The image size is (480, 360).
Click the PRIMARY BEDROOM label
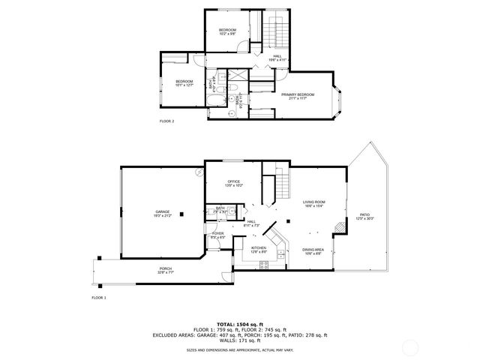[x=298, y=95]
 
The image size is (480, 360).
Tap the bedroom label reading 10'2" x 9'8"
[x=227, y=31]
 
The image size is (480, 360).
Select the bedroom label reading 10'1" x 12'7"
[x=184, y=83]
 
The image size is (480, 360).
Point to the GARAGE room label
[x=163, y=214]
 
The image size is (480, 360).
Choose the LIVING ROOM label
[x=313, y=204]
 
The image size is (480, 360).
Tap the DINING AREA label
[x=313, y=251]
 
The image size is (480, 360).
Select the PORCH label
[x=165, y=271]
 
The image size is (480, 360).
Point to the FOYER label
[x=218, y=235]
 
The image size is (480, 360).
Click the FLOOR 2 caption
[x=166, y=121]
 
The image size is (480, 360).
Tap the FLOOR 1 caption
[x=99, y=298]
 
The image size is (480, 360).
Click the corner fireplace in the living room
[x=340, y=226]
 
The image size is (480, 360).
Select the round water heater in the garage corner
[x=198, y=173]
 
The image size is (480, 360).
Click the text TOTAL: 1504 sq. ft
[x=240, y=324]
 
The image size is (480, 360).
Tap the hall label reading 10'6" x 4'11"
[x=277, y=58]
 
